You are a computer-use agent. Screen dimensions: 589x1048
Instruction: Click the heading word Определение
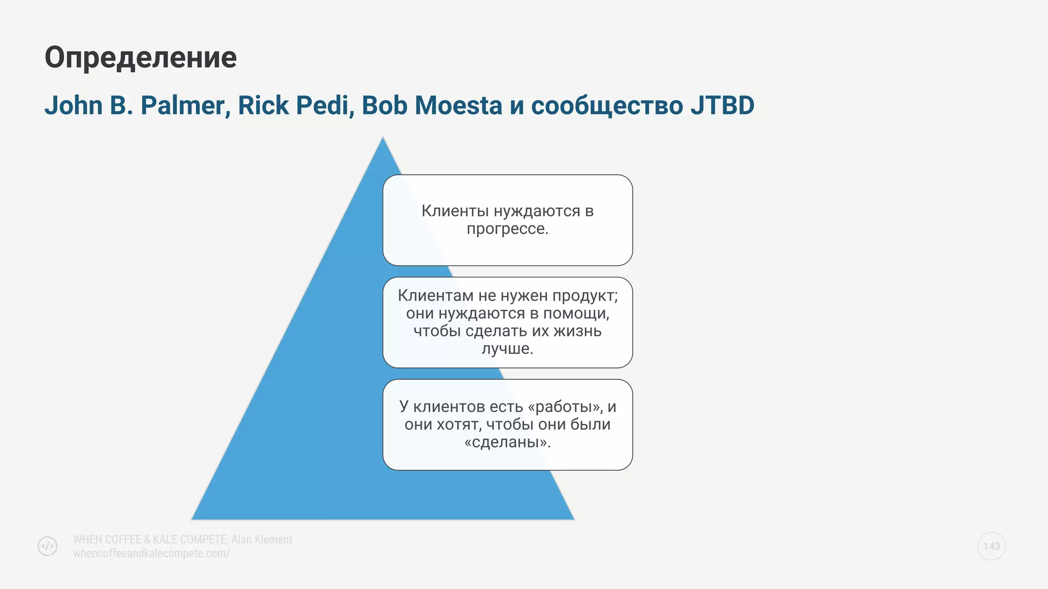point(141,58)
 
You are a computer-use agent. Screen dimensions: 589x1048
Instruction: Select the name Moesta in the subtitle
point(458,106)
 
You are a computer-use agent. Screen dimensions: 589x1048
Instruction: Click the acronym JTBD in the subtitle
point(722,106)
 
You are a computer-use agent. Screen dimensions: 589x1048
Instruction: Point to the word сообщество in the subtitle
point(607,106)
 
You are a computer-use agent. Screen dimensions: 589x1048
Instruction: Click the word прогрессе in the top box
point(507,229)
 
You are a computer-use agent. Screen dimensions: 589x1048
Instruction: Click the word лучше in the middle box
point(507,349)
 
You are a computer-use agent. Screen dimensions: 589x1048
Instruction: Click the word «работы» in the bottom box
point(565,407)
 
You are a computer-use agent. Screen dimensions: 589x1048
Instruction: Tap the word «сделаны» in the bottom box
point(507,442)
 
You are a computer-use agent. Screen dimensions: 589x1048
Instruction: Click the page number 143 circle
point(991,546)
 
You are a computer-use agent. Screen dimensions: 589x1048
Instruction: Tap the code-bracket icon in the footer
point(48,546)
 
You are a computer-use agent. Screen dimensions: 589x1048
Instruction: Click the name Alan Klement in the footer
point(261,539)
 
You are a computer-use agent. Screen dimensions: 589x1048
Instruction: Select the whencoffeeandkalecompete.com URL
point(151,553)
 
